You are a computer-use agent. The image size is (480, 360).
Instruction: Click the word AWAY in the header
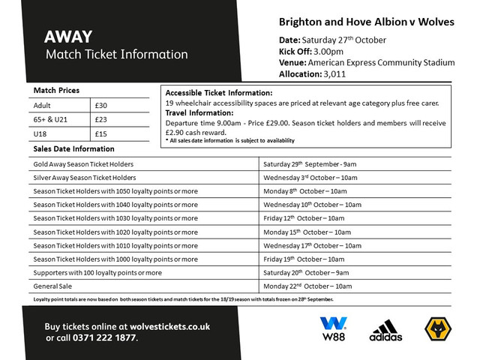[68, 37]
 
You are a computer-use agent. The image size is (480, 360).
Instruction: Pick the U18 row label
[41, 133]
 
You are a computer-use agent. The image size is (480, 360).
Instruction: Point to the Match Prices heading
[57, 90]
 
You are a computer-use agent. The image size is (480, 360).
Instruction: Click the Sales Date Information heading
[73, 148]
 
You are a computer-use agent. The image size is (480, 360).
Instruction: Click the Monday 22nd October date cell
[307, 286]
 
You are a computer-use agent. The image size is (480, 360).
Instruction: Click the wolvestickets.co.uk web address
[161, 326]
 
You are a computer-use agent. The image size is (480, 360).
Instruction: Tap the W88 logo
[333, 328]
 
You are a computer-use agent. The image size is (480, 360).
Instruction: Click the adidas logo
[385, 330]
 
